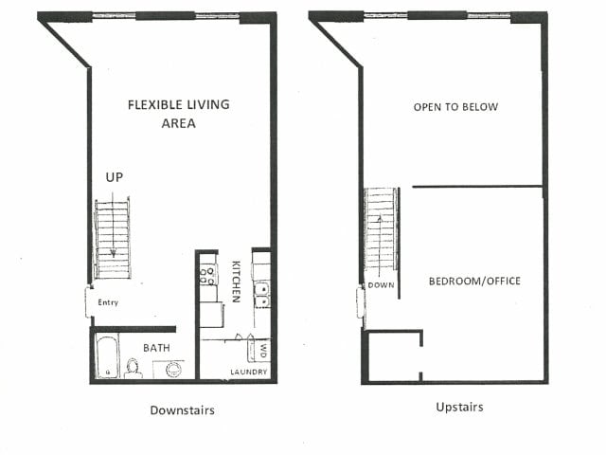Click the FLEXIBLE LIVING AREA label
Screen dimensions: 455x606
tap(179, 114)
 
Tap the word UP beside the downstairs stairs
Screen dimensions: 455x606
tap(114, 178)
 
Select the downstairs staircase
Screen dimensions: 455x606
tap(113, 238)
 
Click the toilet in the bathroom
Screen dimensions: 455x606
tap(134, 367)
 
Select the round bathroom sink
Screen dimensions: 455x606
tap(173, 368)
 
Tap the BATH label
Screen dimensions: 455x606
tap(157, 348)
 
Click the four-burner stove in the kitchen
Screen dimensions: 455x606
tap(208, 275)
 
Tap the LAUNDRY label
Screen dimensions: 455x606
tap(248, 372)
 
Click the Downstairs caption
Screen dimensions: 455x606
tap(182, 410)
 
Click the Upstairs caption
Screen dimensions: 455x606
tap(459, 408)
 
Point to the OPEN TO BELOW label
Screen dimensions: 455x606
tap(455, 107)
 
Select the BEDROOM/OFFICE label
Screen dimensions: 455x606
tap(474, 281)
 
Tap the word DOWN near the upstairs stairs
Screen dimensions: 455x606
tap(382, 283)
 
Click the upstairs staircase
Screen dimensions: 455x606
tap(382, 227)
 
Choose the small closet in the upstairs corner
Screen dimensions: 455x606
tap(392, 356)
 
